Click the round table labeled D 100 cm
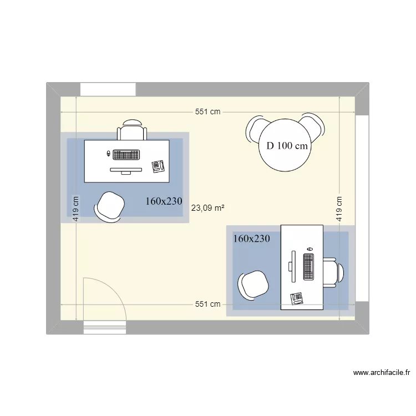(285, 145)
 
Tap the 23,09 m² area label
(208, 208)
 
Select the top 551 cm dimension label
(208, 111)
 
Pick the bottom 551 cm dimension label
(208, 304)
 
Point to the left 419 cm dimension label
(76, 209)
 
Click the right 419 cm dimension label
(339, 209)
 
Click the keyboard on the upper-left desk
(126, 155)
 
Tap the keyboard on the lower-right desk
(308, 267)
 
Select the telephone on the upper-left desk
(158, 166)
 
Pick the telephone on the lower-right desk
(296, 299)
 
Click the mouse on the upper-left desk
(108, 153)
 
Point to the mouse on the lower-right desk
(310, 249)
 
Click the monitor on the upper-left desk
(126, 170)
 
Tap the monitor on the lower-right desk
(292, 266)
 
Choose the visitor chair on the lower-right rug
(253, 286)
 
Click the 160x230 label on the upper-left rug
(164, 201)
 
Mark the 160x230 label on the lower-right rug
(251, 239)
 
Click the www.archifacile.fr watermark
(382, 373)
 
